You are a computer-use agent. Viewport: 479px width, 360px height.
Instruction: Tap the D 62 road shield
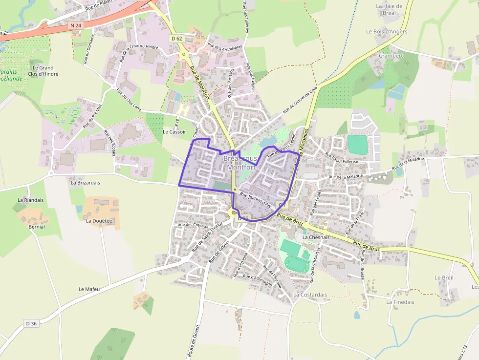click(x=176, y=38)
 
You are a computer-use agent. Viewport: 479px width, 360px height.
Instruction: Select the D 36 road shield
click(x=31, y=323)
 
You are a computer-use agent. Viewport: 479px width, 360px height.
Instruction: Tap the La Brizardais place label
click(x=85, y=183)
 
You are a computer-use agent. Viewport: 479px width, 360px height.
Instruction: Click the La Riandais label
click(x=30, y=200)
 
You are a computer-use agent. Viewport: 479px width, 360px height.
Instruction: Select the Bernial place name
click(x=37, y=227)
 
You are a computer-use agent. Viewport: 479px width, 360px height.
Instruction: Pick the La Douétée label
click(x=99, y=221)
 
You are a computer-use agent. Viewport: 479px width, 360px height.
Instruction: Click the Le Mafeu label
click(x=89, y=289)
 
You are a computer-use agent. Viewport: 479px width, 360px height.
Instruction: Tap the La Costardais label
click(x=310, y=295)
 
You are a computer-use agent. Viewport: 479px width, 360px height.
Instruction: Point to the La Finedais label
click(x=400, y=302)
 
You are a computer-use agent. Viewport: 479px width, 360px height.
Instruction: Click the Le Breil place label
click(x=444, y=277)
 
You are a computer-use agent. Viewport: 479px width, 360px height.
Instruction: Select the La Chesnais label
click(x=316, y=237)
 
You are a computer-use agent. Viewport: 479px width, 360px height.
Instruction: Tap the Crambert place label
click(x=392, y=56)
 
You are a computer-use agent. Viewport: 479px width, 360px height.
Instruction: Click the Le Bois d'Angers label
click(x=387, y=31)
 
